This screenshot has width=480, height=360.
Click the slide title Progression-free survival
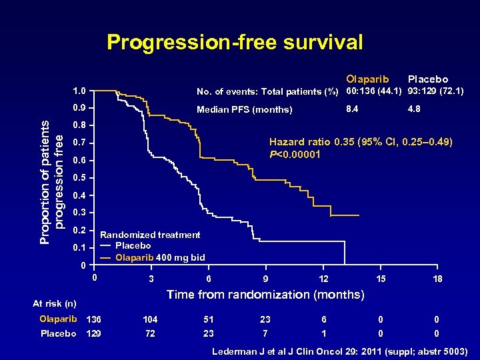click(235, 43)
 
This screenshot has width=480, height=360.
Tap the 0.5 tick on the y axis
click(79, 178)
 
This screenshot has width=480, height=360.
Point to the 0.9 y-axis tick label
click(79, 108)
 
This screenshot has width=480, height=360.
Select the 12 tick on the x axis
click(324, 279)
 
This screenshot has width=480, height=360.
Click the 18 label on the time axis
click(437, 279)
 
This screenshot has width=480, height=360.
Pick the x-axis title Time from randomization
click(265, 294)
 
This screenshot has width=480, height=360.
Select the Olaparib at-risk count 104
click(152, 319)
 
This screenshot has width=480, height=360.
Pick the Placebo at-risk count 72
click(152, 333)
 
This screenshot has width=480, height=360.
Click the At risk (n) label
click(55, 304)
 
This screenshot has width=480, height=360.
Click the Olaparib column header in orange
click(367, 79)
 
